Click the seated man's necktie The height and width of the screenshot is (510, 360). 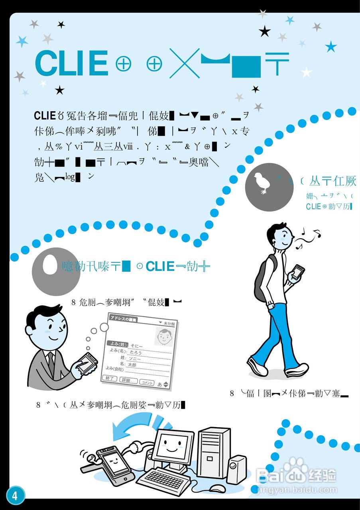tap(51, 360)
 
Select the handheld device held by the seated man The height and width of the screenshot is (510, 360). tap(86, 361)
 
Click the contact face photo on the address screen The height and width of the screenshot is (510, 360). tap(163, 337)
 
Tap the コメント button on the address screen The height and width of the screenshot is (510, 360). tap(147, 382)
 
